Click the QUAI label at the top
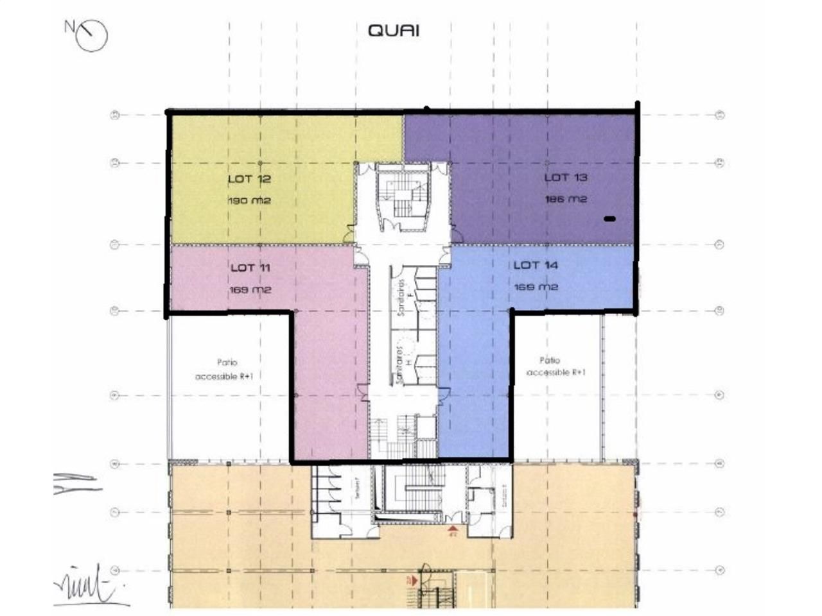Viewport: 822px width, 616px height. click(394, 30)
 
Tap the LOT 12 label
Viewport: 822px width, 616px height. click(249, 178)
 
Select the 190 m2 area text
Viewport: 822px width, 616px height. click(249, 200)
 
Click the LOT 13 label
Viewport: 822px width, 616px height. click(566, 177)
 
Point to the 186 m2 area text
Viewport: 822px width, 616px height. click(566, 199)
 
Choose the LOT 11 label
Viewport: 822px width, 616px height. click(250, 267)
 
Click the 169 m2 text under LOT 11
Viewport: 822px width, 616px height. click(250, 289)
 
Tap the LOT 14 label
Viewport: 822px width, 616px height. click(536, 265)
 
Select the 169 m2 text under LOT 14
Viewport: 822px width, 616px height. click(536, 287)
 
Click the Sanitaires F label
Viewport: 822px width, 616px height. click(402, 299)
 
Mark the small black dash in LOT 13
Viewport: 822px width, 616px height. click(609, 219)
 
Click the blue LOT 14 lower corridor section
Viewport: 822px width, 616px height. click(475, 385)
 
